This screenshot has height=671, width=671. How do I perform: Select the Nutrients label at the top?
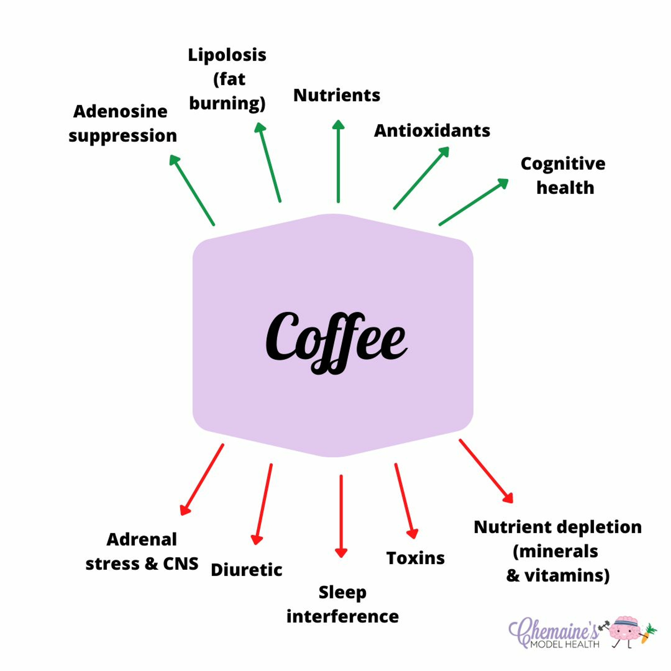click(337, 96)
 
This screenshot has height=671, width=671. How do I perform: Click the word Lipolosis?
click(227, 55)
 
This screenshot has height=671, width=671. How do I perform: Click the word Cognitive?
click(563, 164)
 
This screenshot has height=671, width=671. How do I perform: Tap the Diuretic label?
click(246, 570)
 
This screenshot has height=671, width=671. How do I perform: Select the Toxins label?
click(415, 558)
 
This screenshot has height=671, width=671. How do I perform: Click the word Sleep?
click(342, 592)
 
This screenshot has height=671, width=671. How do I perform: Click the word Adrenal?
click(142, 539)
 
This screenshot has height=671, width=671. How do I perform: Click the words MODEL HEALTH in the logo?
click(565, 644)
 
